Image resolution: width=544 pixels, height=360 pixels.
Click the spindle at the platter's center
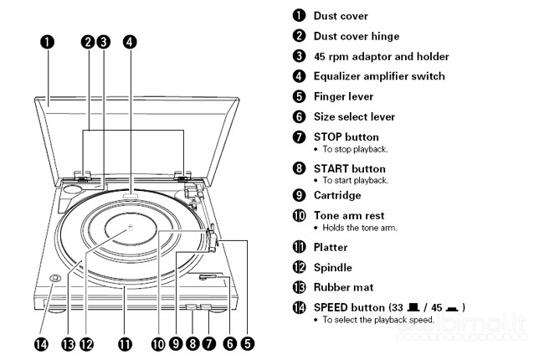(129, 228)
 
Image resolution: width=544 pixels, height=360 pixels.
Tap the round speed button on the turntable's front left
(53, 280)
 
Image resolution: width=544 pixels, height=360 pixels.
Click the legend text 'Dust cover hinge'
(356, 36)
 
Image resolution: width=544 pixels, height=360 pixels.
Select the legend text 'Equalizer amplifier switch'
(378, 76)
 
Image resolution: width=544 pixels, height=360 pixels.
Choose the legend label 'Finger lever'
(343, 96)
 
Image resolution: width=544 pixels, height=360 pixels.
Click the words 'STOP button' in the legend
(346, 136)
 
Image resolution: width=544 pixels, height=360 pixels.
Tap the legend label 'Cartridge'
(337, 195)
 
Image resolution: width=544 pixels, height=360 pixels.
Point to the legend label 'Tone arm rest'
(349, 215)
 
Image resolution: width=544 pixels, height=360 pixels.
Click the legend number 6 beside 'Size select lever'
(299, 116)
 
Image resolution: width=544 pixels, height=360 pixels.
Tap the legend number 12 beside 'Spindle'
(299, 267)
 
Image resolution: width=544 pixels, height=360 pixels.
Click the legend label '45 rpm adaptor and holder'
(381, 56)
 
